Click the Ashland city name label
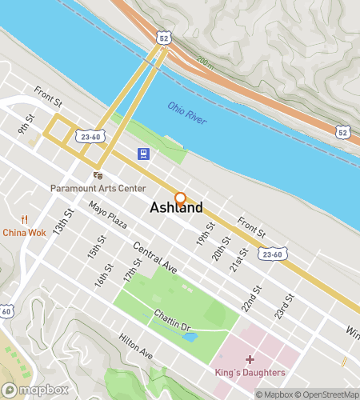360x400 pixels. (176, 208)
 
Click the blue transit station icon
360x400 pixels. (142, 154)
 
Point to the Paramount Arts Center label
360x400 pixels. (98, 188)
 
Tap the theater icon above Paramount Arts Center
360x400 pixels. (98, 175)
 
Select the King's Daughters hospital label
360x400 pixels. (250, 373)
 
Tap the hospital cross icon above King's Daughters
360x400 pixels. (250, 360)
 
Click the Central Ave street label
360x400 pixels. (155, 258)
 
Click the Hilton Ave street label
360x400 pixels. (135, 346)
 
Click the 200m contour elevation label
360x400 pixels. (206, 61)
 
